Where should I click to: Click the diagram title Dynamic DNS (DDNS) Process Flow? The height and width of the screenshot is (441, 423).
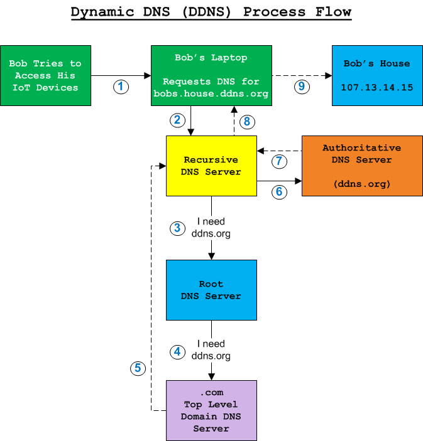click(211, 12)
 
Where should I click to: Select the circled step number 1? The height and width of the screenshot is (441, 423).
click(121, 87)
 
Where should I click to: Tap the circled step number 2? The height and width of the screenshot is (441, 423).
click(177, 119)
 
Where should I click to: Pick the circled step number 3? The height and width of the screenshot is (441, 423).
click(177, 228)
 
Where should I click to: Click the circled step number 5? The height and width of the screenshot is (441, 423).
click(137, 368)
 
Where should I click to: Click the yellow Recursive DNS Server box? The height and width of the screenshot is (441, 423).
click(211, 166)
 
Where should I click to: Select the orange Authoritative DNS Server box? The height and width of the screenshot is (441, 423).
click(361, 166)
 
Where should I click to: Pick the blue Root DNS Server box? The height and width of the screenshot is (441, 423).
click(211, 290)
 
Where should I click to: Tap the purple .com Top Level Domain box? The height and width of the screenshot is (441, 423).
click(211, 410)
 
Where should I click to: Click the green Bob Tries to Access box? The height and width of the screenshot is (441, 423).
click(45, 75)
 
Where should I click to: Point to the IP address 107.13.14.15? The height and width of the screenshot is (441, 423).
click(377, 87)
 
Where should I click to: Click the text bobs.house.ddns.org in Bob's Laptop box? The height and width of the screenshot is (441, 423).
click(211, 93)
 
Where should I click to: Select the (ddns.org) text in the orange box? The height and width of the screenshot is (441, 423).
click(361, 184)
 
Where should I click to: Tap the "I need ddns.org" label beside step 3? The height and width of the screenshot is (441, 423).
click(211, 228)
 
